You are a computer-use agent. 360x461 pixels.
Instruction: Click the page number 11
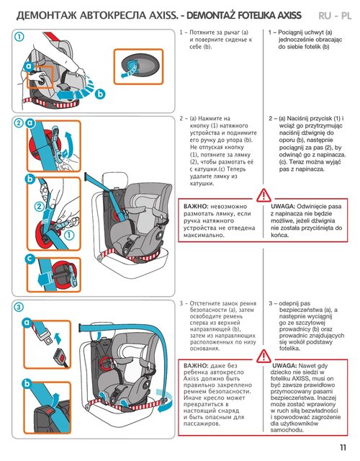[x=343, y=447]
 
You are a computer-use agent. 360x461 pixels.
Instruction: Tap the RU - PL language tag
[x=335, y=15]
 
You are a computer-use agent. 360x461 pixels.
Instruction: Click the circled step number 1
[x=19, y=37]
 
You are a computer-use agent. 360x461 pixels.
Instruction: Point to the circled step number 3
[x=19, y=308]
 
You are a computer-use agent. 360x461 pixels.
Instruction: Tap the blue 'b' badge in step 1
[x=100, y=94]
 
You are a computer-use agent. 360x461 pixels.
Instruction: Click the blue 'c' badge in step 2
[x=30, y=259]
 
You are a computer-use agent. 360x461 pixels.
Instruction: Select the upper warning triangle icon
[x=264, y=195]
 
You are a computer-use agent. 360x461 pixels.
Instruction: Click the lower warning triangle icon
[x=264, y=356]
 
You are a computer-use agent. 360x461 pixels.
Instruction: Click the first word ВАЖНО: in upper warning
[x=196, y=207]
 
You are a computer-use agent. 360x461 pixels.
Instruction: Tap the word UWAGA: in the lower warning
[x=284, y=366]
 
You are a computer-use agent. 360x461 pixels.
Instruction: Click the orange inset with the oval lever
[x=138, y=67]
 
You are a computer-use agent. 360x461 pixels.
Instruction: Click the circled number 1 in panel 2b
[x=69, y=235]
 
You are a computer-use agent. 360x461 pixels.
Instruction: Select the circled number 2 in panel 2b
[x=40, y=207]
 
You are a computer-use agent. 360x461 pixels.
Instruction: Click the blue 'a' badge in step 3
[x=27, y=323]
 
